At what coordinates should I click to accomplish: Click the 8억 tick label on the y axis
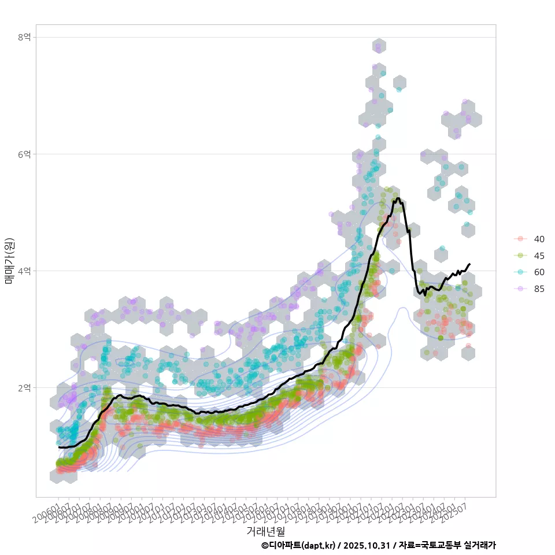24,37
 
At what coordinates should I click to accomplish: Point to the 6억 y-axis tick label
24,154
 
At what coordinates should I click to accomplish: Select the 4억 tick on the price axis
24,271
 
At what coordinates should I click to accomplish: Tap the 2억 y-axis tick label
24,387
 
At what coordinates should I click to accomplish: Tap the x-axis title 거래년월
265,531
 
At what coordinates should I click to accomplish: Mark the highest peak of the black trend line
398,199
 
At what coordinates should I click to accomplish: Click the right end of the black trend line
469,264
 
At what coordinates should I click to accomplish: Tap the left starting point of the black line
58,447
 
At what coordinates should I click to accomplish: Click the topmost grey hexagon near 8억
379,46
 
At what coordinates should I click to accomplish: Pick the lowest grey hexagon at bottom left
57,476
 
